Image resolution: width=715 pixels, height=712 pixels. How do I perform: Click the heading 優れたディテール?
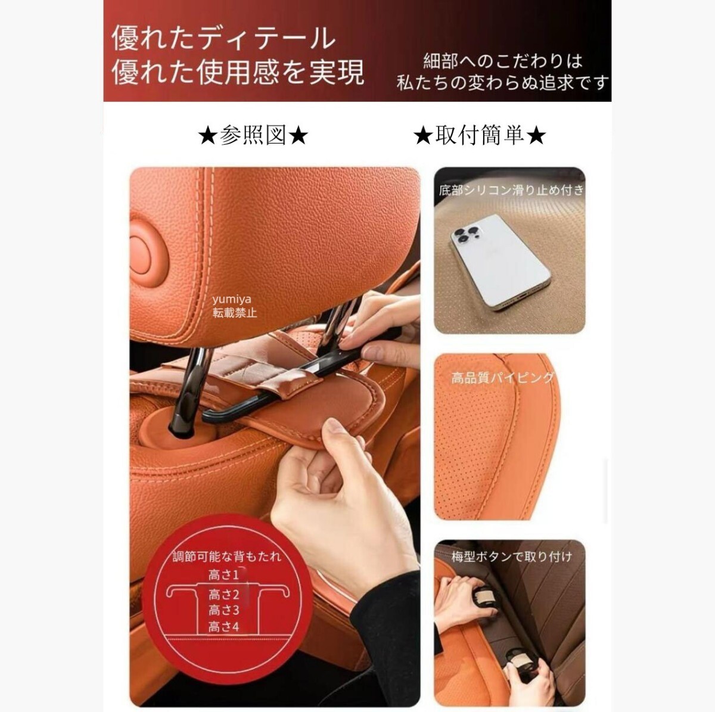224,39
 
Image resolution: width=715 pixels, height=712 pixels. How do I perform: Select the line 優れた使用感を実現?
238,73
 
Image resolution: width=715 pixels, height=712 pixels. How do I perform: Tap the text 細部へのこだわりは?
502,61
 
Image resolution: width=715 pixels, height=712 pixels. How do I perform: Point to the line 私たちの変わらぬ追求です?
502,82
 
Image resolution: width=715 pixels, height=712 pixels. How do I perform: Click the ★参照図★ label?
253,136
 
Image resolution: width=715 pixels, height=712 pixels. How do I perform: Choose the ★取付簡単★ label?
479,136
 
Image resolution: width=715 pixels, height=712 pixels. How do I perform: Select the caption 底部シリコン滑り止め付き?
511,191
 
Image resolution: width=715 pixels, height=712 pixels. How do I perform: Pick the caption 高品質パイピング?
502,378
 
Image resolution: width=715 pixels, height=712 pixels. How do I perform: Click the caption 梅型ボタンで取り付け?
511,556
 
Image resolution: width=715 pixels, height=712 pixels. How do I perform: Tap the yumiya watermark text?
232,299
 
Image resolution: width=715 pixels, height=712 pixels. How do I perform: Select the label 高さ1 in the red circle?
223,575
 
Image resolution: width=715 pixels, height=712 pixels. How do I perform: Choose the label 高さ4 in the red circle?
223,627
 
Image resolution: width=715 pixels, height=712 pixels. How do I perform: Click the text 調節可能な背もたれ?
226,557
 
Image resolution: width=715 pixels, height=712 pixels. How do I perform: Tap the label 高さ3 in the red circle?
223,610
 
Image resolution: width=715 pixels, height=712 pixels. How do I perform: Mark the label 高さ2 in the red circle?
223,594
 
